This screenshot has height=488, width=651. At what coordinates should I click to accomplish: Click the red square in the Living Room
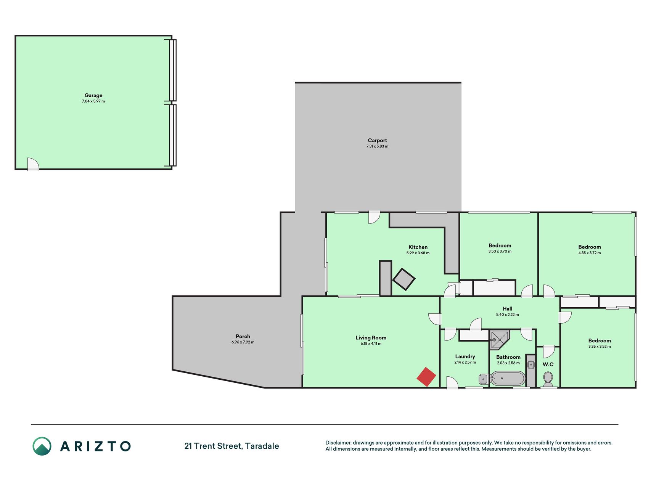coord(426,377)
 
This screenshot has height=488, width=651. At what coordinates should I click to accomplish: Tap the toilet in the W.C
coord(548,379)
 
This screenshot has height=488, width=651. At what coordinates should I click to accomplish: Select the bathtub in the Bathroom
coord(508,379)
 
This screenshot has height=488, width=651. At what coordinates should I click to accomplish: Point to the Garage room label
coord(93,95)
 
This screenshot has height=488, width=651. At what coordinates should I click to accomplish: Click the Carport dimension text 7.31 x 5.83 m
coord(377,146)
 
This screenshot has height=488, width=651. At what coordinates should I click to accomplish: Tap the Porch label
coord(243,336)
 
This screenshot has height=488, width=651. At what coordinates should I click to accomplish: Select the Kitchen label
coord(418,247)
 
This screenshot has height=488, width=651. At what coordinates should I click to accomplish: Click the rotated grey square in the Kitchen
coord(404,279)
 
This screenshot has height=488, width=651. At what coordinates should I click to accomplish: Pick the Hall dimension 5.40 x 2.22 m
coord(507,315)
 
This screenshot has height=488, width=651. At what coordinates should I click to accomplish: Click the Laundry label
coord(465,356)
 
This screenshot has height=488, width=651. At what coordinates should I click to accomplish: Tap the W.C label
coord(548,364)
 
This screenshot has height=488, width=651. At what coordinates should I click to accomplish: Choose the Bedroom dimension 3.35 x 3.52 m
coord(600,347)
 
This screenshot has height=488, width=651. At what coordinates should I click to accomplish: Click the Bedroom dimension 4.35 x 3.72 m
coord(590,253)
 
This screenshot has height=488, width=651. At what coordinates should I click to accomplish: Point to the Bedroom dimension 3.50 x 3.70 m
coord(500,251)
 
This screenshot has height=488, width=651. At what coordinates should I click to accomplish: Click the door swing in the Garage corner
coord(33,164)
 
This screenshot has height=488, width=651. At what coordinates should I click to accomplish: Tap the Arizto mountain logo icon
coord(42,446)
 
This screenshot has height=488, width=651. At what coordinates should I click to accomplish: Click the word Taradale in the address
coord(262,446)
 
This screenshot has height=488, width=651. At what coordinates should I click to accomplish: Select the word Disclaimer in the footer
coord(338,443)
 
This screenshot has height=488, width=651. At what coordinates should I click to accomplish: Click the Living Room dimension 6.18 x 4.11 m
coord(371,344)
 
